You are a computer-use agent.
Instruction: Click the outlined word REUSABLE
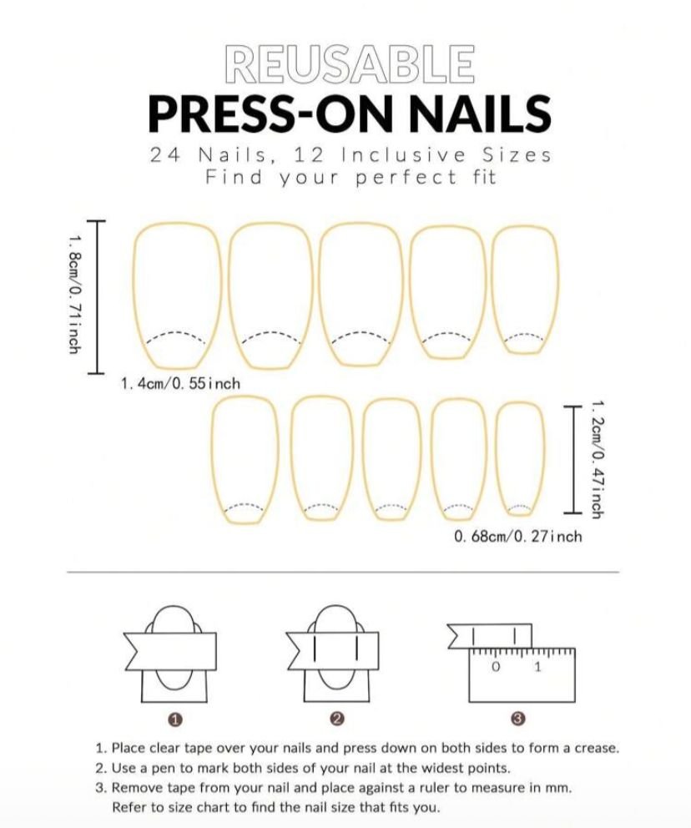[349, 64]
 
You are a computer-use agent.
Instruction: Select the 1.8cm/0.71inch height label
[74, 294]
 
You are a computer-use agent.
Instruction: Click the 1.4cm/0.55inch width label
[180, 383]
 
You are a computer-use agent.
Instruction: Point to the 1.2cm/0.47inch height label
[597, 459]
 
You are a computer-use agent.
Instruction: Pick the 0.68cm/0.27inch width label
[518, 537]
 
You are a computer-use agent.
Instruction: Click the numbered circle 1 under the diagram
[175, 719]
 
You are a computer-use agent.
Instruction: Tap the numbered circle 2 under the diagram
[337, 719]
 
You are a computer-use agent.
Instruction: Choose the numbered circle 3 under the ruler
[518, 719]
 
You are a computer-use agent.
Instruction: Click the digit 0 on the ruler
[495, 667]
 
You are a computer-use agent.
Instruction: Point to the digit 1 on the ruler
[538, 667]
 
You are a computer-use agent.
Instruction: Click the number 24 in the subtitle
[164, 155]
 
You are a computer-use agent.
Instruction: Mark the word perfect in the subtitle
[406, 178]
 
